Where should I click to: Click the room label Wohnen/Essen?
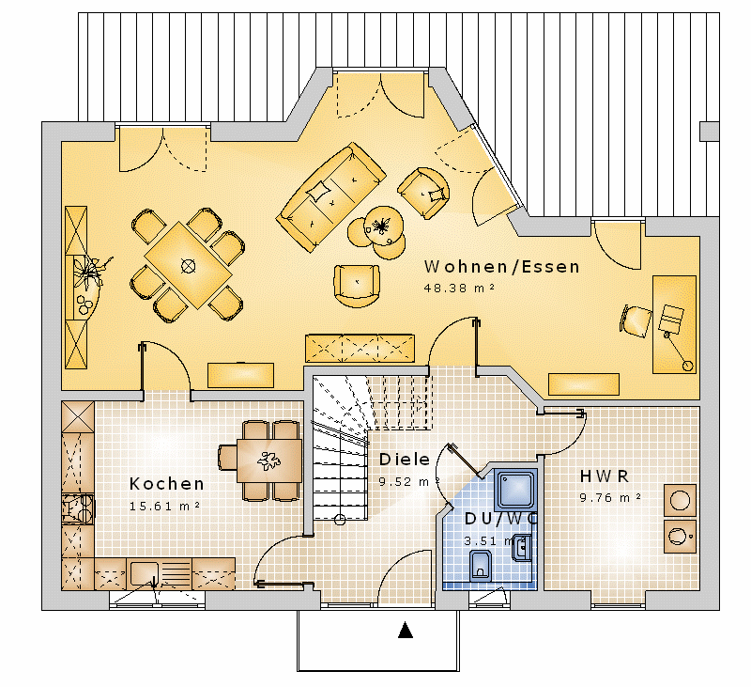coord(501,267)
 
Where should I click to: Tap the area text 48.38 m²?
coord(459,288)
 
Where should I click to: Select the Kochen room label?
coord(167,484)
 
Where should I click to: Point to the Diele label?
coord(405,460)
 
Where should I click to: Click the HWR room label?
coord(604,476)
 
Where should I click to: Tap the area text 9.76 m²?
coord(610,497)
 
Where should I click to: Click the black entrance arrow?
coord(406,630)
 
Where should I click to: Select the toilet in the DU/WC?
coord(481,566)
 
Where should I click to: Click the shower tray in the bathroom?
coord(515,490)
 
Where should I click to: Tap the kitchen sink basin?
coord(145,573)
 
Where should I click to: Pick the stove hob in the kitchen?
coord(79,509)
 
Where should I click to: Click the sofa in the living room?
coord(330,196)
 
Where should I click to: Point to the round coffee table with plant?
coord(383,226)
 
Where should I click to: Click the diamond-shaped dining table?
coord(189,265)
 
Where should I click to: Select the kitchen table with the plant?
coord(269,461)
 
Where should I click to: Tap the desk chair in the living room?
coord(636,320)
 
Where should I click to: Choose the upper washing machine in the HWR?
coord(680,501)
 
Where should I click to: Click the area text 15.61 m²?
coord(165,506)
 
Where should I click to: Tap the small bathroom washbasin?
coord(522,548)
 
